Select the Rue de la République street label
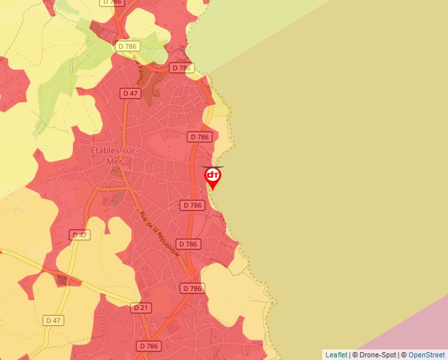tap(160, 234)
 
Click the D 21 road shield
tap(142, 307)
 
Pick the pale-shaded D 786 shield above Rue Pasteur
tap(127, 46)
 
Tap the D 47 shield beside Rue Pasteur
tap(130, 93)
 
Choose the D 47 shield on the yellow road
tap(53, 321)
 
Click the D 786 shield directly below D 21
tap(149, 346)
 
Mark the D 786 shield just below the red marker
tap(192, 205)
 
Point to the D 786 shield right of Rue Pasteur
tap(181, 68)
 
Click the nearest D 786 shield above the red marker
tap(199, 137)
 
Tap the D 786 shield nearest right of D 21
tap(192, 288)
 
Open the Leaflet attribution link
tap(336, 355)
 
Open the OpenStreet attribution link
tap(426, 355)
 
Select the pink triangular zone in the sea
tap(415, 329)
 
